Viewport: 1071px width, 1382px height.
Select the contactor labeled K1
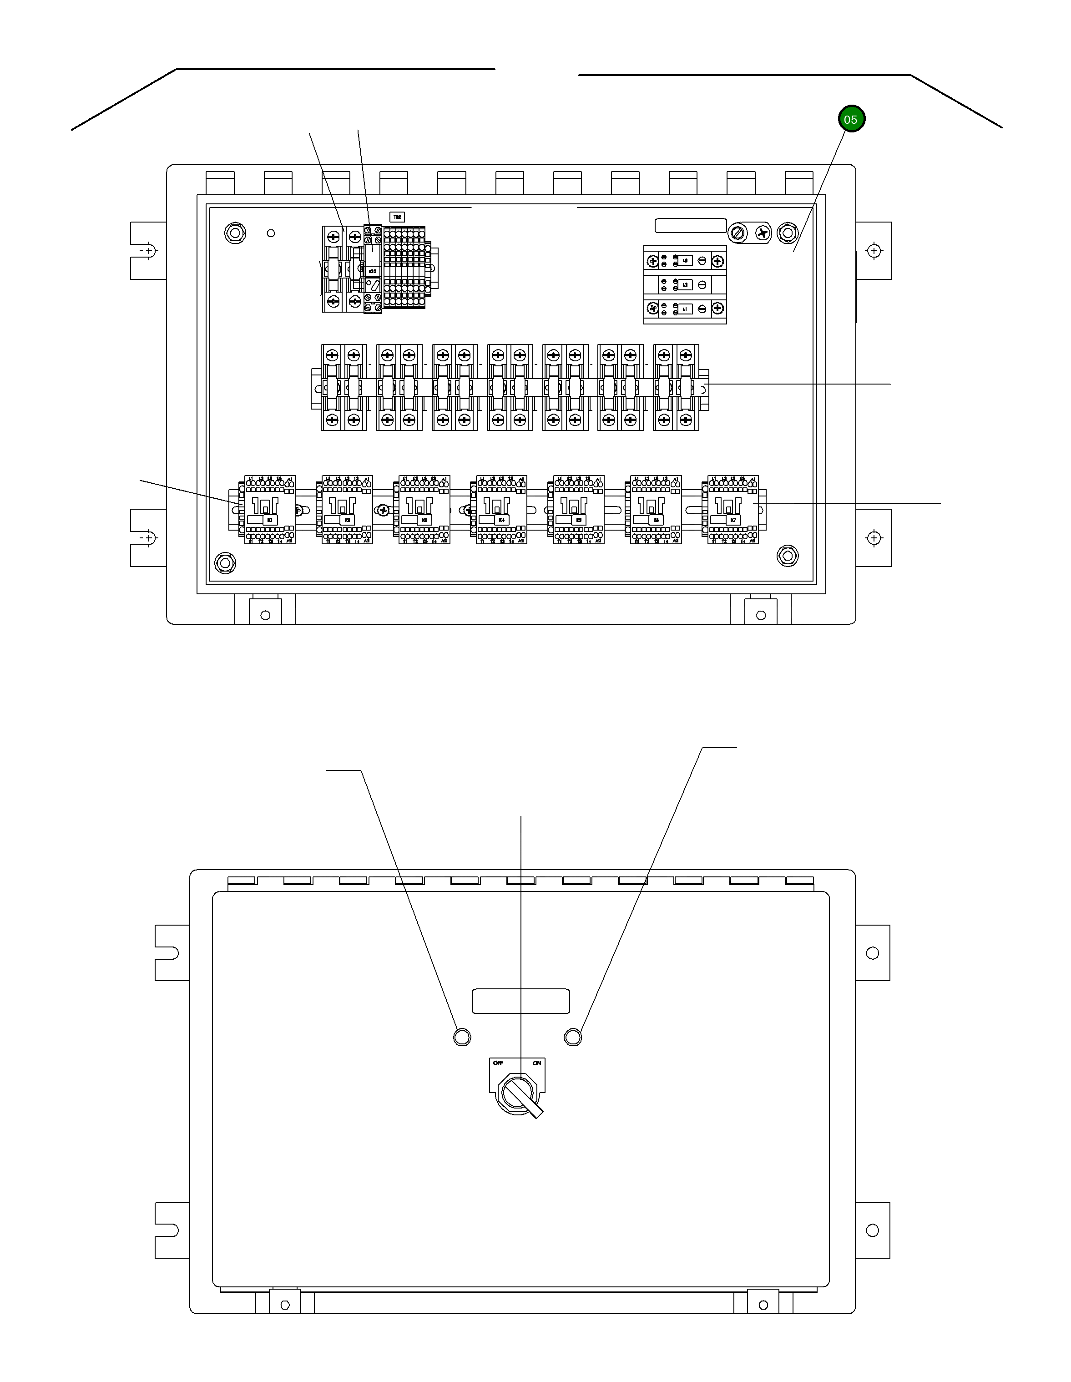(x=270, y=509)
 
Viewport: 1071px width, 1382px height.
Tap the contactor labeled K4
(x=501, y=509)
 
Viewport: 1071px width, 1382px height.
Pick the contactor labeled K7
(x=733, y=509)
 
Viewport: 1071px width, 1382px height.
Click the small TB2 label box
(x=397, y=217)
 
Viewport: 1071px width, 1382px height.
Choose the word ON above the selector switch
(x=536, y=1063)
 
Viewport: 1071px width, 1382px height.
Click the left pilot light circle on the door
(x=462, y=1037)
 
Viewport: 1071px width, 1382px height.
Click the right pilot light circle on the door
(x=572, y=1037)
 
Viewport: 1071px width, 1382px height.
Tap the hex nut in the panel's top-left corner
(x=235, y=233)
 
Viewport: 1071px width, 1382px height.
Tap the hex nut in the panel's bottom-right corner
(x=787, y=556)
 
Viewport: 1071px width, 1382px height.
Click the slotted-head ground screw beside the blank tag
(x=738, y=233)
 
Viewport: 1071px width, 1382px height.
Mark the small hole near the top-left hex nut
(x=271, y=233)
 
